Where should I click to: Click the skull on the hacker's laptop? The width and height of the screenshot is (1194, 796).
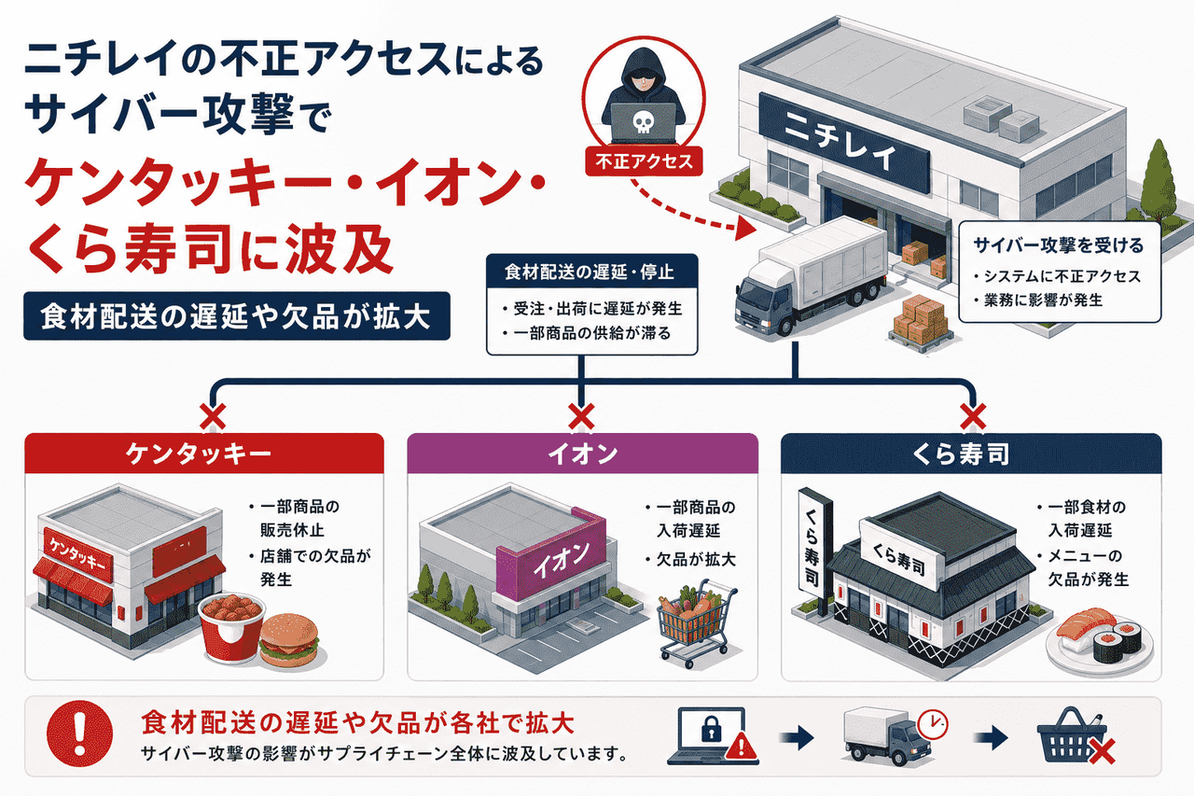point(643,122)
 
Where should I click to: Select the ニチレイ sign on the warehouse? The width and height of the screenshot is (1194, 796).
point(844,143)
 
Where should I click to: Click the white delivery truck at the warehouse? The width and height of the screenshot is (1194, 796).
point(811,277)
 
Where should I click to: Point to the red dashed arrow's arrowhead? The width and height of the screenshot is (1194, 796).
point(745,229)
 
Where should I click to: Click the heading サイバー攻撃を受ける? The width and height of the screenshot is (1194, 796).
point(1059,245)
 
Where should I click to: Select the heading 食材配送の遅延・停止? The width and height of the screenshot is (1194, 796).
point(590,272)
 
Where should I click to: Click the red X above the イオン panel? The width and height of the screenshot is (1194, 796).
point(581,416)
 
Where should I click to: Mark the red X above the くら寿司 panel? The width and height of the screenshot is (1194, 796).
point(973,416)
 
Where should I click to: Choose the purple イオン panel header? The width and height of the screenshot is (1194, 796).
point(583,454)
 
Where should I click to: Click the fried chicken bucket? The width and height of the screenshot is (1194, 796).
point(231,627)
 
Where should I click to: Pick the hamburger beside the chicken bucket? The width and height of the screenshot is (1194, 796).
point(289,640)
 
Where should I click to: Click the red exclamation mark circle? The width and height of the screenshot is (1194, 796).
point(80,733)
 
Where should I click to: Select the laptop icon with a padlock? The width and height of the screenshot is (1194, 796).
point(713,735)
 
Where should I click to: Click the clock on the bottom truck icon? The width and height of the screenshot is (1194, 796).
point(933,724)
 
